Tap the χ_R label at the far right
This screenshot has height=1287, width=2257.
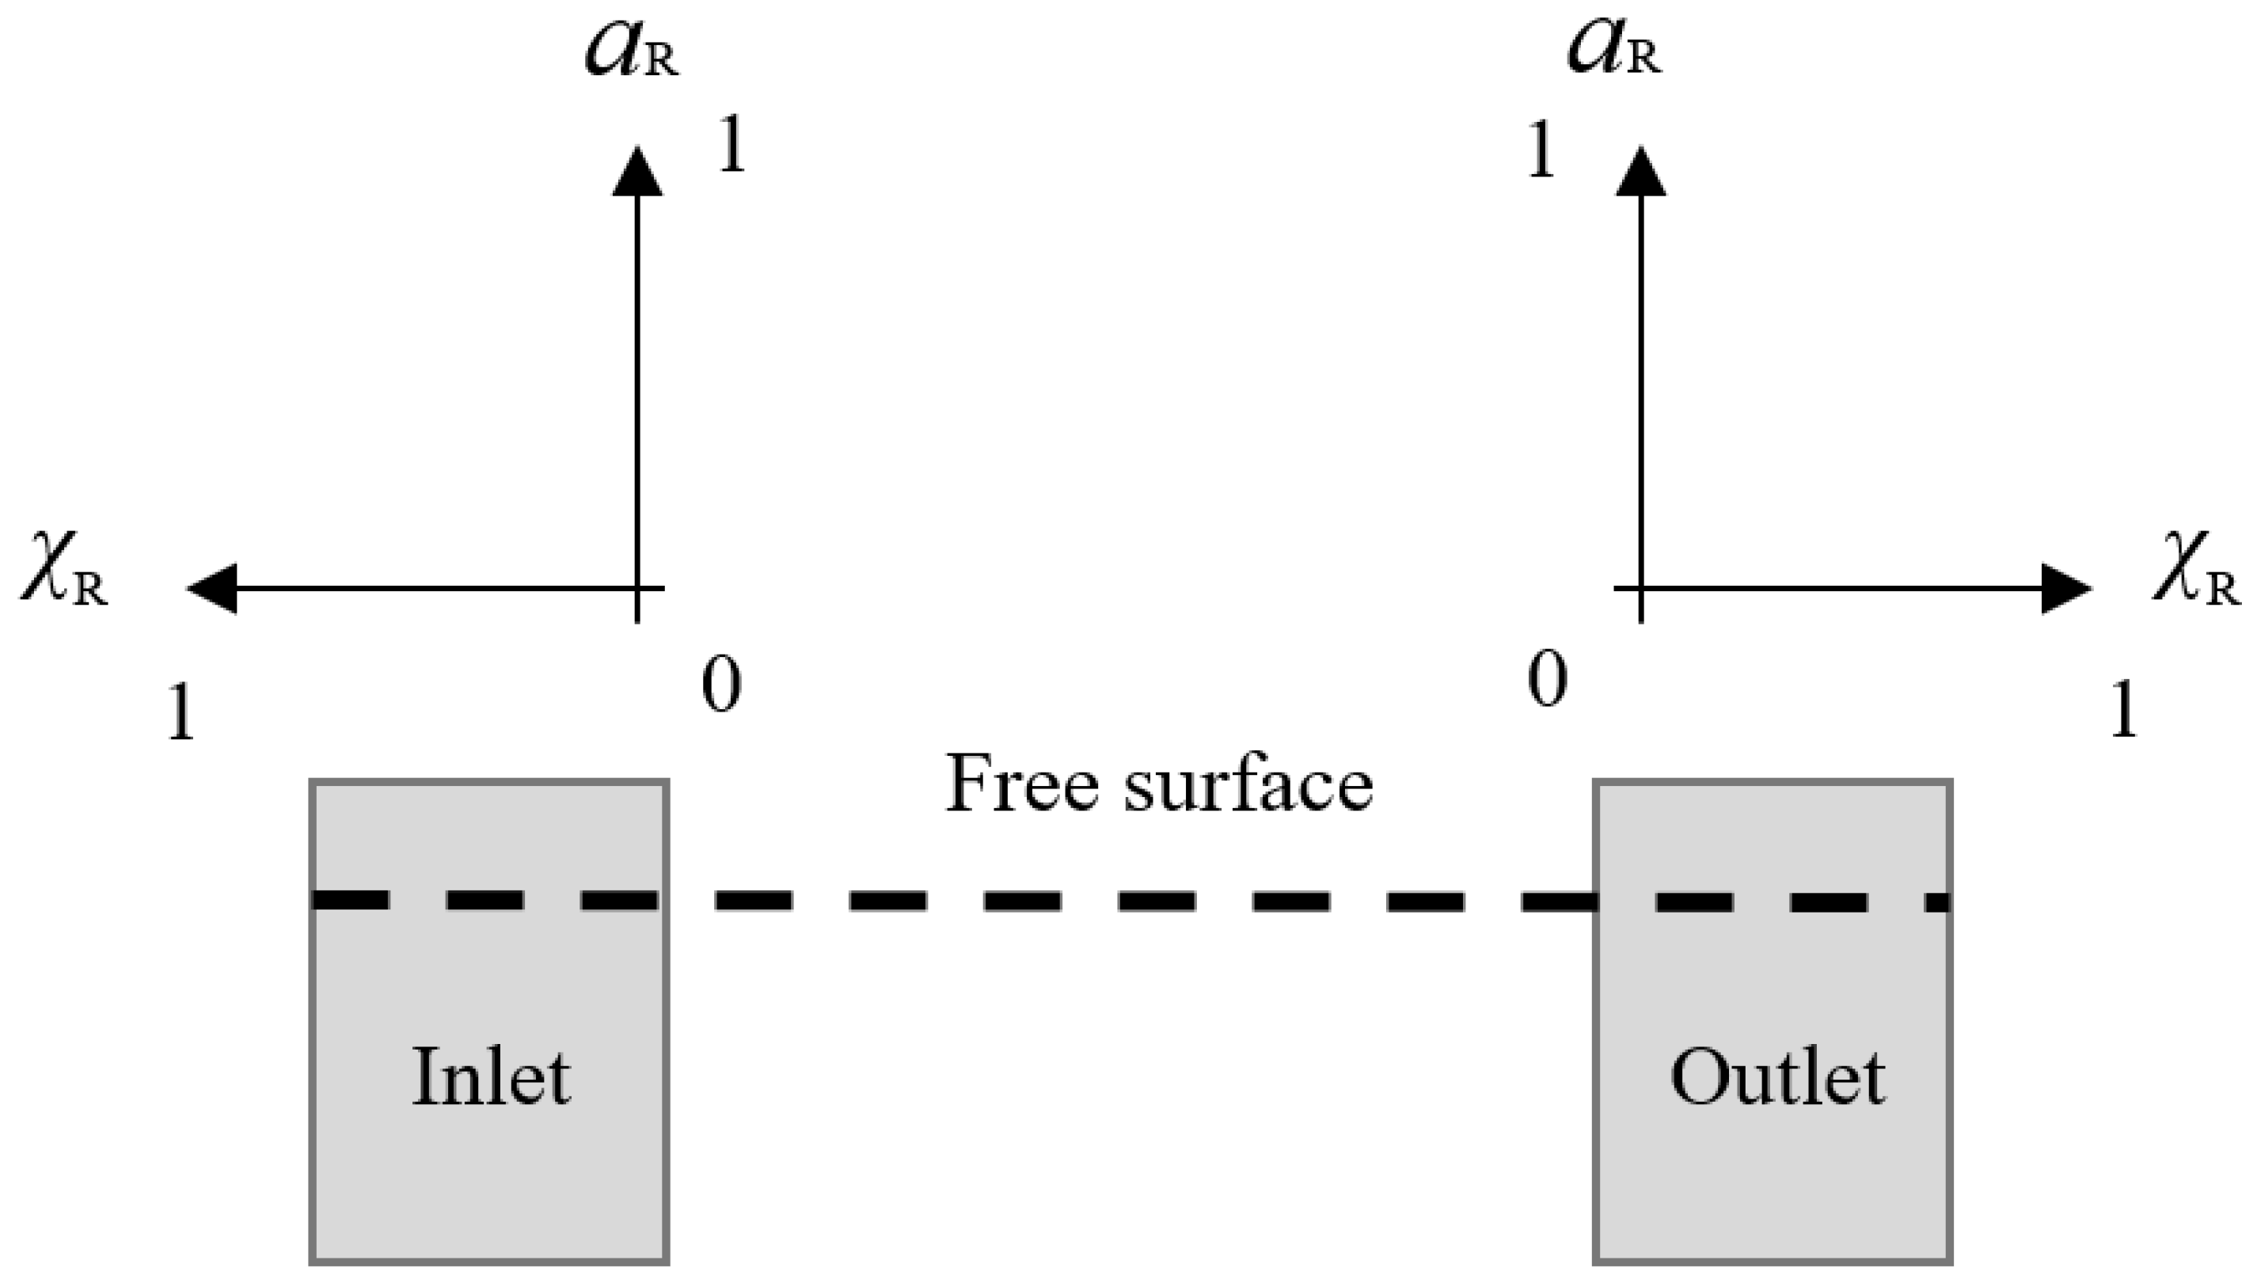tap(2196, 570)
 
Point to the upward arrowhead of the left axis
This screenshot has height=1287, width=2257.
tap(637, 173)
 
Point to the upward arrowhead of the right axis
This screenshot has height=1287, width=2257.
tap(1641, 173)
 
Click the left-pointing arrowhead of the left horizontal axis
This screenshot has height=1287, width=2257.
tap(212, 588)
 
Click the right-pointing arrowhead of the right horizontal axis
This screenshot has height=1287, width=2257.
tap(2065, 588)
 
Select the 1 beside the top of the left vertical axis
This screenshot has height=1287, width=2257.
tap(732, 146)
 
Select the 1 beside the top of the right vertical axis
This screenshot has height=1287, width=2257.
tap(1541, 151)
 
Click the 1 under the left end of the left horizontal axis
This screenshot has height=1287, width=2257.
tap(180, 712)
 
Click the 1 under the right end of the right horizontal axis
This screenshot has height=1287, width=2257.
tap(2122, 710)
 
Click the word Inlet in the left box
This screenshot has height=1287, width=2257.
tap(491, 1077)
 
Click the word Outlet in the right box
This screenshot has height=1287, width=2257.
tap(1777, 1077)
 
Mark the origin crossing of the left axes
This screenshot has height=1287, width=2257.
tap(637, 588)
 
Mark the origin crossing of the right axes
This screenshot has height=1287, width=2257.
tap(1641, 588)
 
